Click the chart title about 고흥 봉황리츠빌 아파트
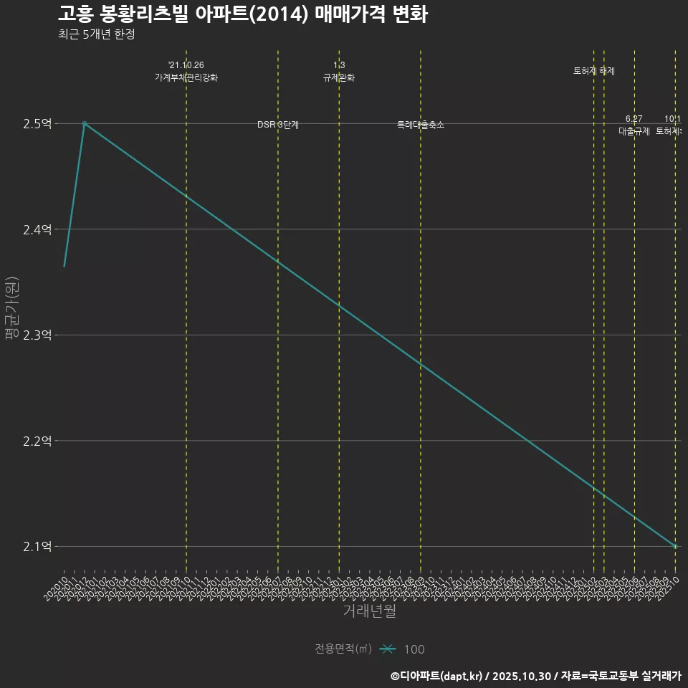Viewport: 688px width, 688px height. click(242, 14)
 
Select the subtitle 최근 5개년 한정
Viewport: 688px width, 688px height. click(96, 34)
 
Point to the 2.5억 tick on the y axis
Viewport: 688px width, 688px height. click(37, 124)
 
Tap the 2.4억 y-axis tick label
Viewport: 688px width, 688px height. click(37, 230)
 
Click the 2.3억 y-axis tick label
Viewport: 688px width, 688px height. click(37, 335)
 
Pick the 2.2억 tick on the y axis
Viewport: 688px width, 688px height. click(37, 441)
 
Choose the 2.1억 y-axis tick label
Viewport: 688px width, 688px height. click(37, 547)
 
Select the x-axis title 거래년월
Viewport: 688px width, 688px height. click(369, 611)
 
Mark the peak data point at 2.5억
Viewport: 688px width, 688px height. click(85, 123)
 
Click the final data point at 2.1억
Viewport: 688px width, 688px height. click(674, 546)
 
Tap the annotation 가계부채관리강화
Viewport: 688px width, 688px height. click(186, 77)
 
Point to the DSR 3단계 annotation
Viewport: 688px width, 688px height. click(278, 125)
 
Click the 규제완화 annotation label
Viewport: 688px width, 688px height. click(339, 77)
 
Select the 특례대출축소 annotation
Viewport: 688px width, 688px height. click(421, 125)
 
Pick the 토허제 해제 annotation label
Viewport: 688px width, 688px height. click(594, 71)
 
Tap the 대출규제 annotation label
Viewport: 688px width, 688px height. click(634, 131)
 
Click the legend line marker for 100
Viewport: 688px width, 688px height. click(388, 649)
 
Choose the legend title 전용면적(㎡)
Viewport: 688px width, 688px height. click(343, 649)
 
